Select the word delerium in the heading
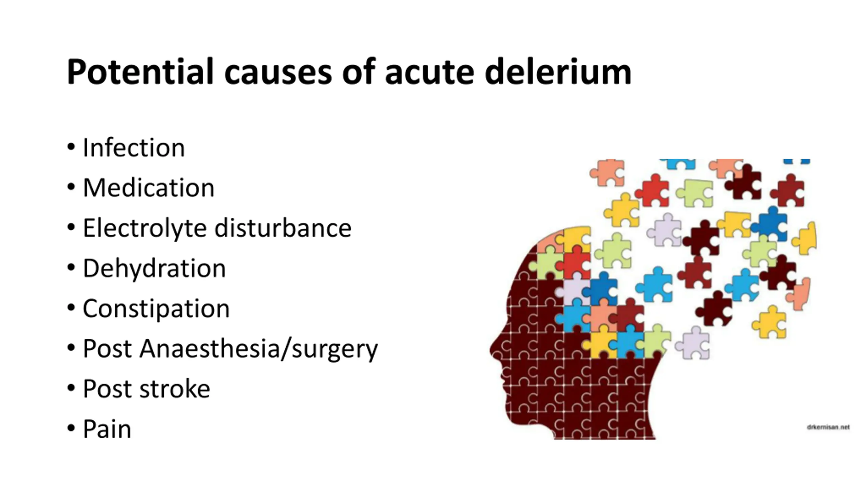point(558,72)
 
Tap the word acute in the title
point(430,72)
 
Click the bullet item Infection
point(134,148)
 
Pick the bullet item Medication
point(149,188)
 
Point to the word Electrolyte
point(144,228)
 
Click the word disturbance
point(283,228)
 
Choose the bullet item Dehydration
point(154,268)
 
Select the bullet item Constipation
point(156,308)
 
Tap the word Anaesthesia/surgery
point(259,349)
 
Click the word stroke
point(175,389)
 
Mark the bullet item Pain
point(107,429)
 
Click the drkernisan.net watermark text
point(828,427)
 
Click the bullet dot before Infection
point(71,147)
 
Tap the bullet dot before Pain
point(71,428)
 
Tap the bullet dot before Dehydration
point(71,268)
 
